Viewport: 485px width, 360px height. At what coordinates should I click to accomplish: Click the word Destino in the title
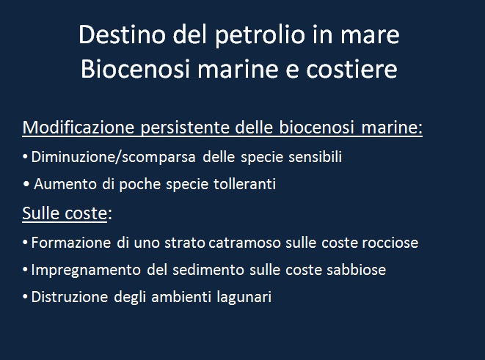click(x=122, y=34)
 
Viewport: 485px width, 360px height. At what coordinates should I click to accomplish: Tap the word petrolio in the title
click(x=260, y=36)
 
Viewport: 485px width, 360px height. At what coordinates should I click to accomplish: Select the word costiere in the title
click(x=351, y=69)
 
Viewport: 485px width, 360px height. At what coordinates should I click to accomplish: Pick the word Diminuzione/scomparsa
click(x=114, y=157)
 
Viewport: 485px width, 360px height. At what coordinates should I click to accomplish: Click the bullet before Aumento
click(x=26, y=184)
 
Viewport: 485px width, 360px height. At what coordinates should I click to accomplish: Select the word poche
click(x=140, y=185)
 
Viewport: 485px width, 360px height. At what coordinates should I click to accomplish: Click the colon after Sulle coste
click(x=110, y=214)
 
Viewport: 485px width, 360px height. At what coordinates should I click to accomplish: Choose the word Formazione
click(x=71, y=243)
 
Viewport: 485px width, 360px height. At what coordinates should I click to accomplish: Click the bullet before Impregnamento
click(x=26, y=269)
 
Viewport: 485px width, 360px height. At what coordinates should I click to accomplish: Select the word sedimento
click(x=208, y=270)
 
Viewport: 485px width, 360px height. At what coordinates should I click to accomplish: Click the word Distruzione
click(x=70, y=297)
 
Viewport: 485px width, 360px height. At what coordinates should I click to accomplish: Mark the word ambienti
click(x=181, y=297)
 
